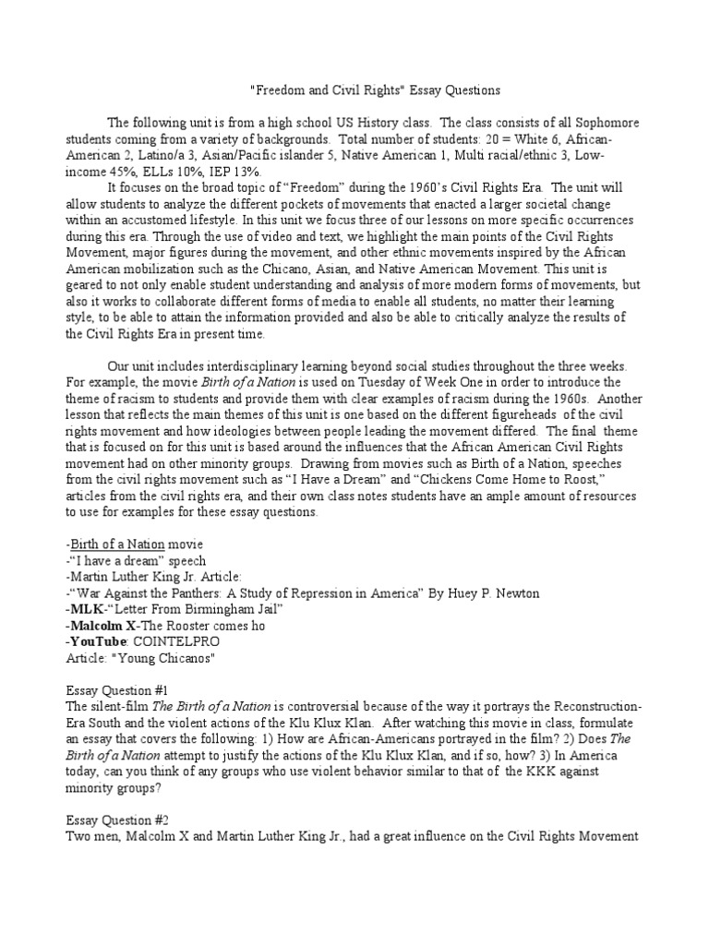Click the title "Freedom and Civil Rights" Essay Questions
376,90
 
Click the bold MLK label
89,608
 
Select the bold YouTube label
99,640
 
